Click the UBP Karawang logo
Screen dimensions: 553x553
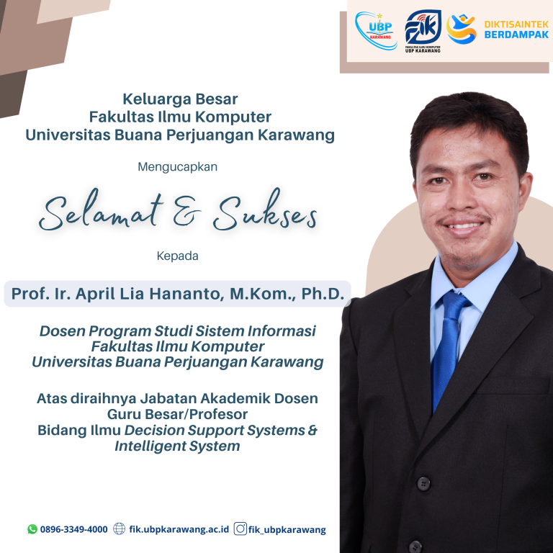point(376,30)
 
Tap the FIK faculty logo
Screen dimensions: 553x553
point(422,30)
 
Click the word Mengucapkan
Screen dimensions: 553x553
point(177,167)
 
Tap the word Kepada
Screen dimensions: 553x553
point(177,255)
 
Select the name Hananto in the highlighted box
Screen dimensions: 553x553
point(212,294)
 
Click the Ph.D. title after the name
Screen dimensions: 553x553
point(322,294)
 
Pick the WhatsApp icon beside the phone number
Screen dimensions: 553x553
point(32,529)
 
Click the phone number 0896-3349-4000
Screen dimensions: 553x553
point(74,529)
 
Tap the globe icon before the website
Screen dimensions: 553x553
point(120,529)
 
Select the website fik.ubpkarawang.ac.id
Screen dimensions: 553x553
point(179,529)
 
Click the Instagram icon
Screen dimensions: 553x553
point(240,529)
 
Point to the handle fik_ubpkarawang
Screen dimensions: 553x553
point(287,529)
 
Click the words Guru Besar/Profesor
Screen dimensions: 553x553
point(177,414)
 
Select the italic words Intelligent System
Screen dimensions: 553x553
point(177,446)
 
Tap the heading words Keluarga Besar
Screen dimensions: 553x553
point(180,99)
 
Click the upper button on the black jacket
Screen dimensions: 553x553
point(423,482)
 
